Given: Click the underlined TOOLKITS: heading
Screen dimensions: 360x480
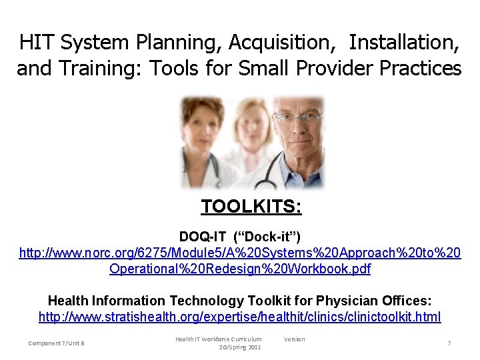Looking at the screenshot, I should [251, 207].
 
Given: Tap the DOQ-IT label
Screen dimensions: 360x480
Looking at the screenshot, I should [202, 237].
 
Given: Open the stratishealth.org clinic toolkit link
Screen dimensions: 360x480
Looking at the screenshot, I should [239, 317].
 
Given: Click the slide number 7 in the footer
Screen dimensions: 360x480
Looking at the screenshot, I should [449, 343].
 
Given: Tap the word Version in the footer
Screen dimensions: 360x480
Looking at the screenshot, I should [294, 339].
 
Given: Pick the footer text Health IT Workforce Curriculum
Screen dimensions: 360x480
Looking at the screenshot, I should [218, 339].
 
